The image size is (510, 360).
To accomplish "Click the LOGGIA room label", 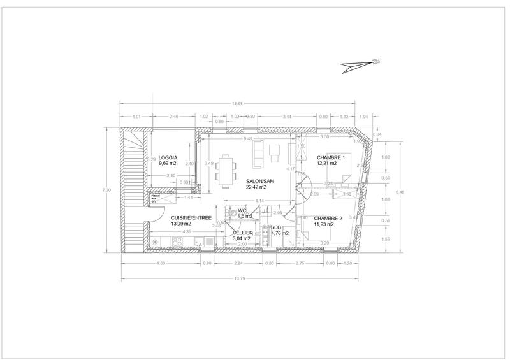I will click(x=168, y=157).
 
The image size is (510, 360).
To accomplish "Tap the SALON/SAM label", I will click(x=259, y=181).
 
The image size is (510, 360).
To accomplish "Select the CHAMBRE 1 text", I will click(x=330, y=157).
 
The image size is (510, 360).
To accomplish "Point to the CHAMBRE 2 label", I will click(x=328, y=219).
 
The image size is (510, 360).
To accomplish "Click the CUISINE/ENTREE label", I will click(x=191, y=218).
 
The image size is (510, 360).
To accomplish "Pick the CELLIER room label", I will click(x=243, y=233).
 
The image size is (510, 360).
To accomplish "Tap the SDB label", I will click(x=275, y=227).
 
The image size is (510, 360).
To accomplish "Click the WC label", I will click(x=242, y=211).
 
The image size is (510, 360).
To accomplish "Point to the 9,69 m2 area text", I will click(x=169, y=164).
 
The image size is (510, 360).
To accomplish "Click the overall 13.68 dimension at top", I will click(x=237, y=104).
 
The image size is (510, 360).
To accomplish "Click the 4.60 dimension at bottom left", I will click(x=161, y=263).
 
